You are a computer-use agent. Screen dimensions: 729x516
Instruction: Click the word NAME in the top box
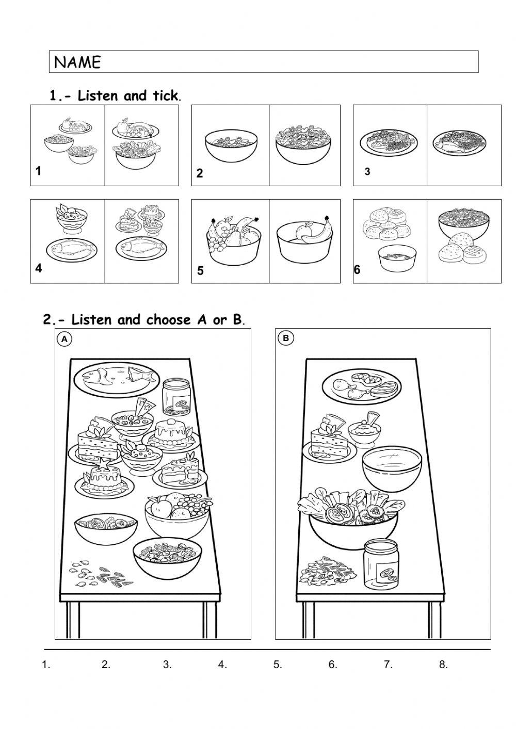pos(77,62)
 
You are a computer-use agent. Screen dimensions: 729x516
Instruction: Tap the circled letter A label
pos(64,338)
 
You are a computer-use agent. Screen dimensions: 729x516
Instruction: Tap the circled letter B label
pos(285,338)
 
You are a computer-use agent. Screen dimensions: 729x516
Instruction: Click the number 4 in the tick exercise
pos(39,268)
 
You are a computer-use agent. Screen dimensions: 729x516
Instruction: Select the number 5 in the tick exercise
pos(200,271)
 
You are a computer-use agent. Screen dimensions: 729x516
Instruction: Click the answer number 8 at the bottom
pos(443,665)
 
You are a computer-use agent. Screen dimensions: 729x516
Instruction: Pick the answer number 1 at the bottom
pos(45,665)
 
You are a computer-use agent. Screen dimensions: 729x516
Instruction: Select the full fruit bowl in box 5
pos(233,236)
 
